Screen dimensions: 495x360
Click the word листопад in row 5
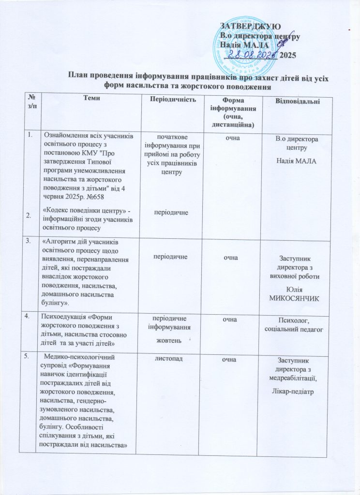[167, 359]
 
